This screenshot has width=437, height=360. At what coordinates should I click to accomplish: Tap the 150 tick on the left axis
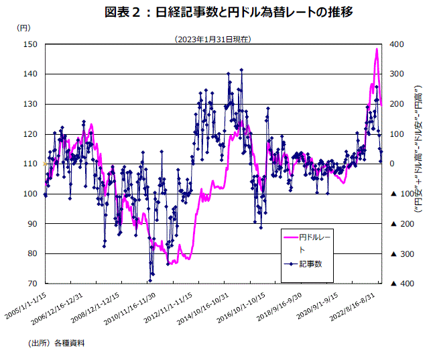click(x=30, y=44)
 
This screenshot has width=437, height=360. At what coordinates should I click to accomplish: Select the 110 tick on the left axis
click(x=30, y=164)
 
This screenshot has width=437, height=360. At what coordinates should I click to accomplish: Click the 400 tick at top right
click(x=396, y=44)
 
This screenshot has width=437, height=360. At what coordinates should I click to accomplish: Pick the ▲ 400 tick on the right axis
click(x=399, y=284)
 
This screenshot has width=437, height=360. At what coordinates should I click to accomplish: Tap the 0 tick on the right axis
click(x=393, y=164)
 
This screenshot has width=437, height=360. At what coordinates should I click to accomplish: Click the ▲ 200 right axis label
click(x=399, y=224)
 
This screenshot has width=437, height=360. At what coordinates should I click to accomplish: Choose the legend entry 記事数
click(x=311, y=263)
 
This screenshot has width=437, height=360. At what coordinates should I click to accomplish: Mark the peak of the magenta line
click(x=377, y=49)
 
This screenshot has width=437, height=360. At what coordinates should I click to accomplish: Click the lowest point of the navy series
click(x=151, y=281)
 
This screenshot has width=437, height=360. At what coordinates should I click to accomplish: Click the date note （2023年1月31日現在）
click(x=212, y=39)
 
